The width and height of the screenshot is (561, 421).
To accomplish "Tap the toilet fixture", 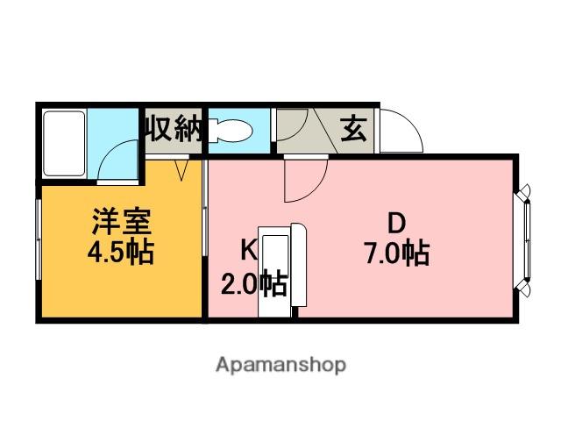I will click(x=230, y=132).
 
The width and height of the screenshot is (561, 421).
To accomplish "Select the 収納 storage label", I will click(x=173, y=131).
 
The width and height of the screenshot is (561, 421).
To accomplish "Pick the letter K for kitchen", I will click(x=248, y=249).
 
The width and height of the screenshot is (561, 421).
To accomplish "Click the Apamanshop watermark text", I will click(x=280, y=363).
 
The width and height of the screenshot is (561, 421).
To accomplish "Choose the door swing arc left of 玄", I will click(x=295, y=126).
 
